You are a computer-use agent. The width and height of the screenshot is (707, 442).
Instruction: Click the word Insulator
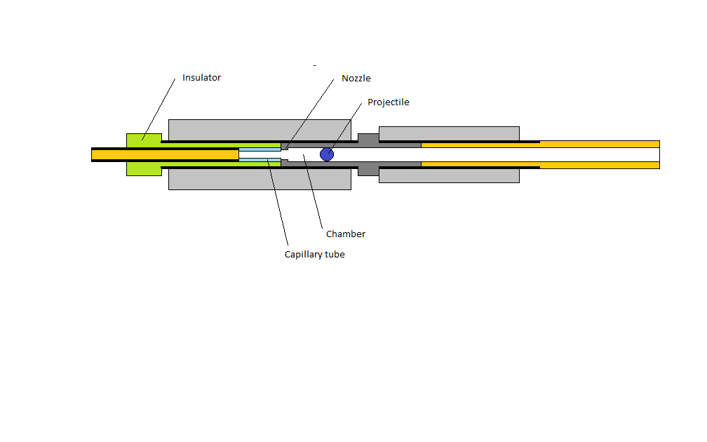201,78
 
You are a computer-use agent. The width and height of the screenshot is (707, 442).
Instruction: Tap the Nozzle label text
356,78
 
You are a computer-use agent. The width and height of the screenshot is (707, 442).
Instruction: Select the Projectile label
389,102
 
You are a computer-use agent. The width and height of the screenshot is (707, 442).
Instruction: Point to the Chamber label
346,234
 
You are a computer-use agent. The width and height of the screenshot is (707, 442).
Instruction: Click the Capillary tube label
315,255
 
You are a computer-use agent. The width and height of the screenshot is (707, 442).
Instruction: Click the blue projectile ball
327,154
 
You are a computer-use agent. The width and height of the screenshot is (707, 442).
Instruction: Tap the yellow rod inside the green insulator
165,154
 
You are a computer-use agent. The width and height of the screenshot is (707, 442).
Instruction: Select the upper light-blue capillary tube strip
260,149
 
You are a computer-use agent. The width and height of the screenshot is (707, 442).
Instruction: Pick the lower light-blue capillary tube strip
260,160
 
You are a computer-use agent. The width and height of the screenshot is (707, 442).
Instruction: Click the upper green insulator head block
144,140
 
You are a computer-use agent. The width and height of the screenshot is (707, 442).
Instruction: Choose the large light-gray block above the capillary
260,130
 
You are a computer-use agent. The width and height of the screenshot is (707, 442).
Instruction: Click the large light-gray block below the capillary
260,179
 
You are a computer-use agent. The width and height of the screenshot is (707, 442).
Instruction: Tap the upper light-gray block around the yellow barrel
449,133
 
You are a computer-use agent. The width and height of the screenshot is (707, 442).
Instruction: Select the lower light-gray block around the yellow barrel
449,175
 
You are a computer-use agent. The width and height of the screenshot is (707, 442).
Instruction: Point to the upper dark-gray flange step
368,138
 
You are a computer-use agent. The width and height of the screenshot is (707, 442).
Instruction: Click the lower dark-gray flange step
368,171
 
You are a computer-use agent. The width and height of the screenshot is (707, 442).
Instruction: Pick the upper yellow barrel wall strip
540,145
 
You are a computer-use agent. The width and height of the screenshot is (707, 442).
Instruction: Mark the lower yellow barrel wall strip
540,165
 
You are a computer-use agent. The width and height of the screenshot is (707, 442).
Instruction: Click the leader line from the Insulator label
159,109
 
